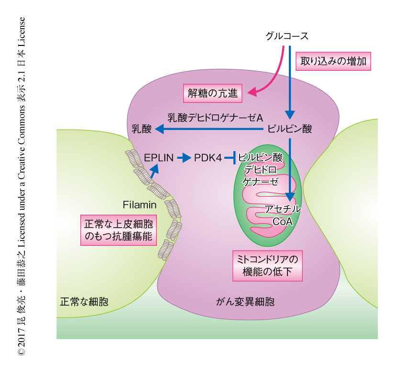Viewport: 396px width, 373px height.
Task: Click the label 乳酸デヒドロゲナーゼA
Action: [216, 116]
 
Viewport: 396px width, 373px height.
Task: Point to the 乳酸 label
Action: [141, 129]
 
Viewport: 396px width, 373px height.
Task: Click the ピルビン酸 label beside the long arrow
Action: [290, 129]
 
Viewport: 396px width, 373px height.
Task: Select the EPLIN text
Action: [158, 157]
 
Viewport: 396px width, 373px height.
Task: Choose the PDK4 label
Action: [208, 157]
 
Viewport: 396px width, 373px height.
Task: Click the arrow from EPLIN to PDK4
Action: [184, 157]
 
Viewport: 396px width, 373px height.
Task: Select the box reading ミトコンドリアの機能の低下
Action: [267, 266]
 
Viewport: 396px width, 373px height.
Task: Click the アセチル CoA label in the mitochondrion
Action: [283, 215]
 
